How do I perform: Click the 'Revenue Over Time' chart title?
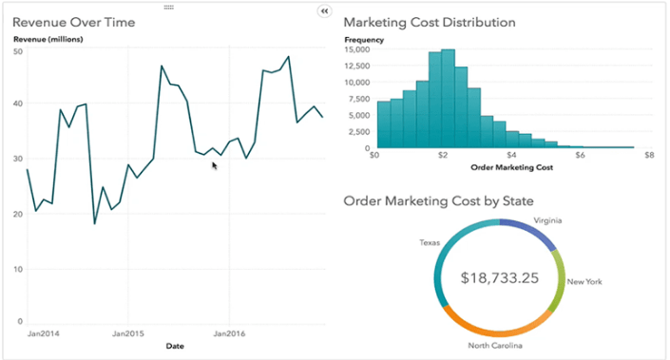click(x=73, y=22)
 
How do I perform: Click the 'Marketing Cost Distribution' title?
click(x=430, y=22)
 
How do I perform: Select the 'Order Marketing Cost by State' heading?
click(x=438, y=201)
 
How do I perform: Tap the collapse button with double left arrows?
click(x=324, y=10)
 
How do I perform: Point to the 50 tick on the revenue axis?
click(x=18, y=50)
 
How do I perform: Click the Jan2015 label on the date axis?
click(x=128, y=334)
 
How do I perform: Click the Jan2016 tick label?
click(x=229, y=334)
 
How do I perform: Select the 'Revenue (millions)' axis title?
click(x=48, y=39)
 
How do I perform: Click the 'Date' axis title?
click(x=175, y=346)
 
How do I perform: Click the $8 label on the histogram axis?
click(x=648, y=156)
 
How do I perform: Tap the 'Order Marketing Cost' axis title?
click(x=512, y=167)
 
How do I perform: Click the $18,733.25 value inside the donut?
click(x=499, y=278)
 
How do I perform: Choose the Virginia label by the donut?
click(x=546, y=220)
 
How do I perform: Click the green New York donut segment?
click(x=559, y=281)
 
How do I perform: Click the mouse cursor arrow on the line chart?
click(x=215, y=166)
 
